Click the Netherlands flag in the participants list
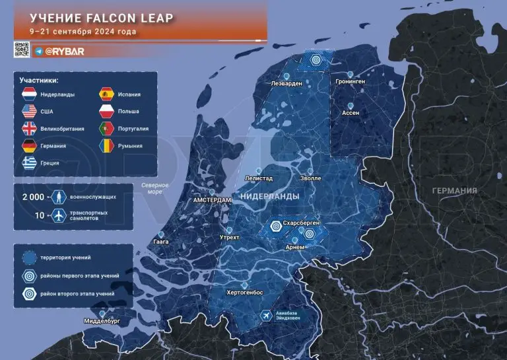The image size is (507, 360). coord(29,94)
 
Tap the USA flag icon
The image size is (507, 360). coord(29,112)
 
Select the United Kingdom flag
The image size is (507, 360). coord(29,128)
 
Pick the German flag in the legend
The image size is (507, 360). coord(29,145)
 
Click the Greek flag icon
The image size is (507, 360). coord(29,162)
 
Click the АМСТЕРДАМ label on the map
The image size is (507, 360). coord(212,199)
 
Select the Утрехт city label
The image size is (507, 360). coord(229,237)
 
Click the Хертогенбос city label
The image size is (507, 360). coord(244,293)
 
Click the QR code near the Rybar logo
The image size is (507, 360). coord(21,50)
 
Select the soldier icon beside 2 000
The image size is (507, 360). coord(59,197)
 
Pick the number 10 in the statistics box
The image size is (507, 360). coord(40,216)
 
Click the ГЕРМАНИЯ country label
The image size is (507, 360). coord(454,190)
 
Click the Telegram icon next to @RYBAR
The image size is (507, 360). coord(39,50)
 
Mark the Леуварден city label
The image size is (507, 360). coord(287,84)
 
